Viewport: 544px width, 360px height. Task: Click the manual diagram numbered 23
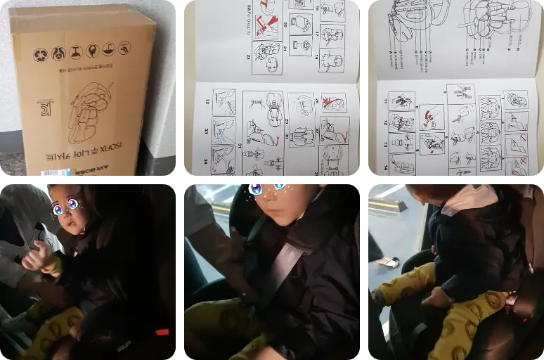pos(266,58)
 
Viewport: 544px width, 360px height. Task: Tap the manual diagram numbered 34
pos(224,160)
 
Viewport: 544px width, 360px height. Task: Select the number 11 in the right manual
pos(385,101)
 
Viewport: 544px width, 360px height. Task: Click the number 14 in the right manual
pos(385,168)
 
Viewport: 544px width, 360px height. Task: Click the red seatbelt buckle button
pos(162,331)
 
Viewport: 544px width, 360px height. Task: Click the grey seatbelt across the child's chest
pos(281,268)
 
